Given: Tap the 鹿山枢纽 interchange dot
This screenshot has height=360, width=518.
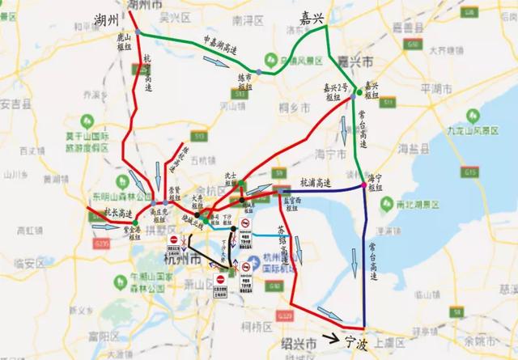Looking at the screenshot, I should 138,32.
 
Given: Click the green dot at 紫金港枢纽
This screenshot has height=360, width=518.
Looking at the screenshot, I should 135,222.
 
